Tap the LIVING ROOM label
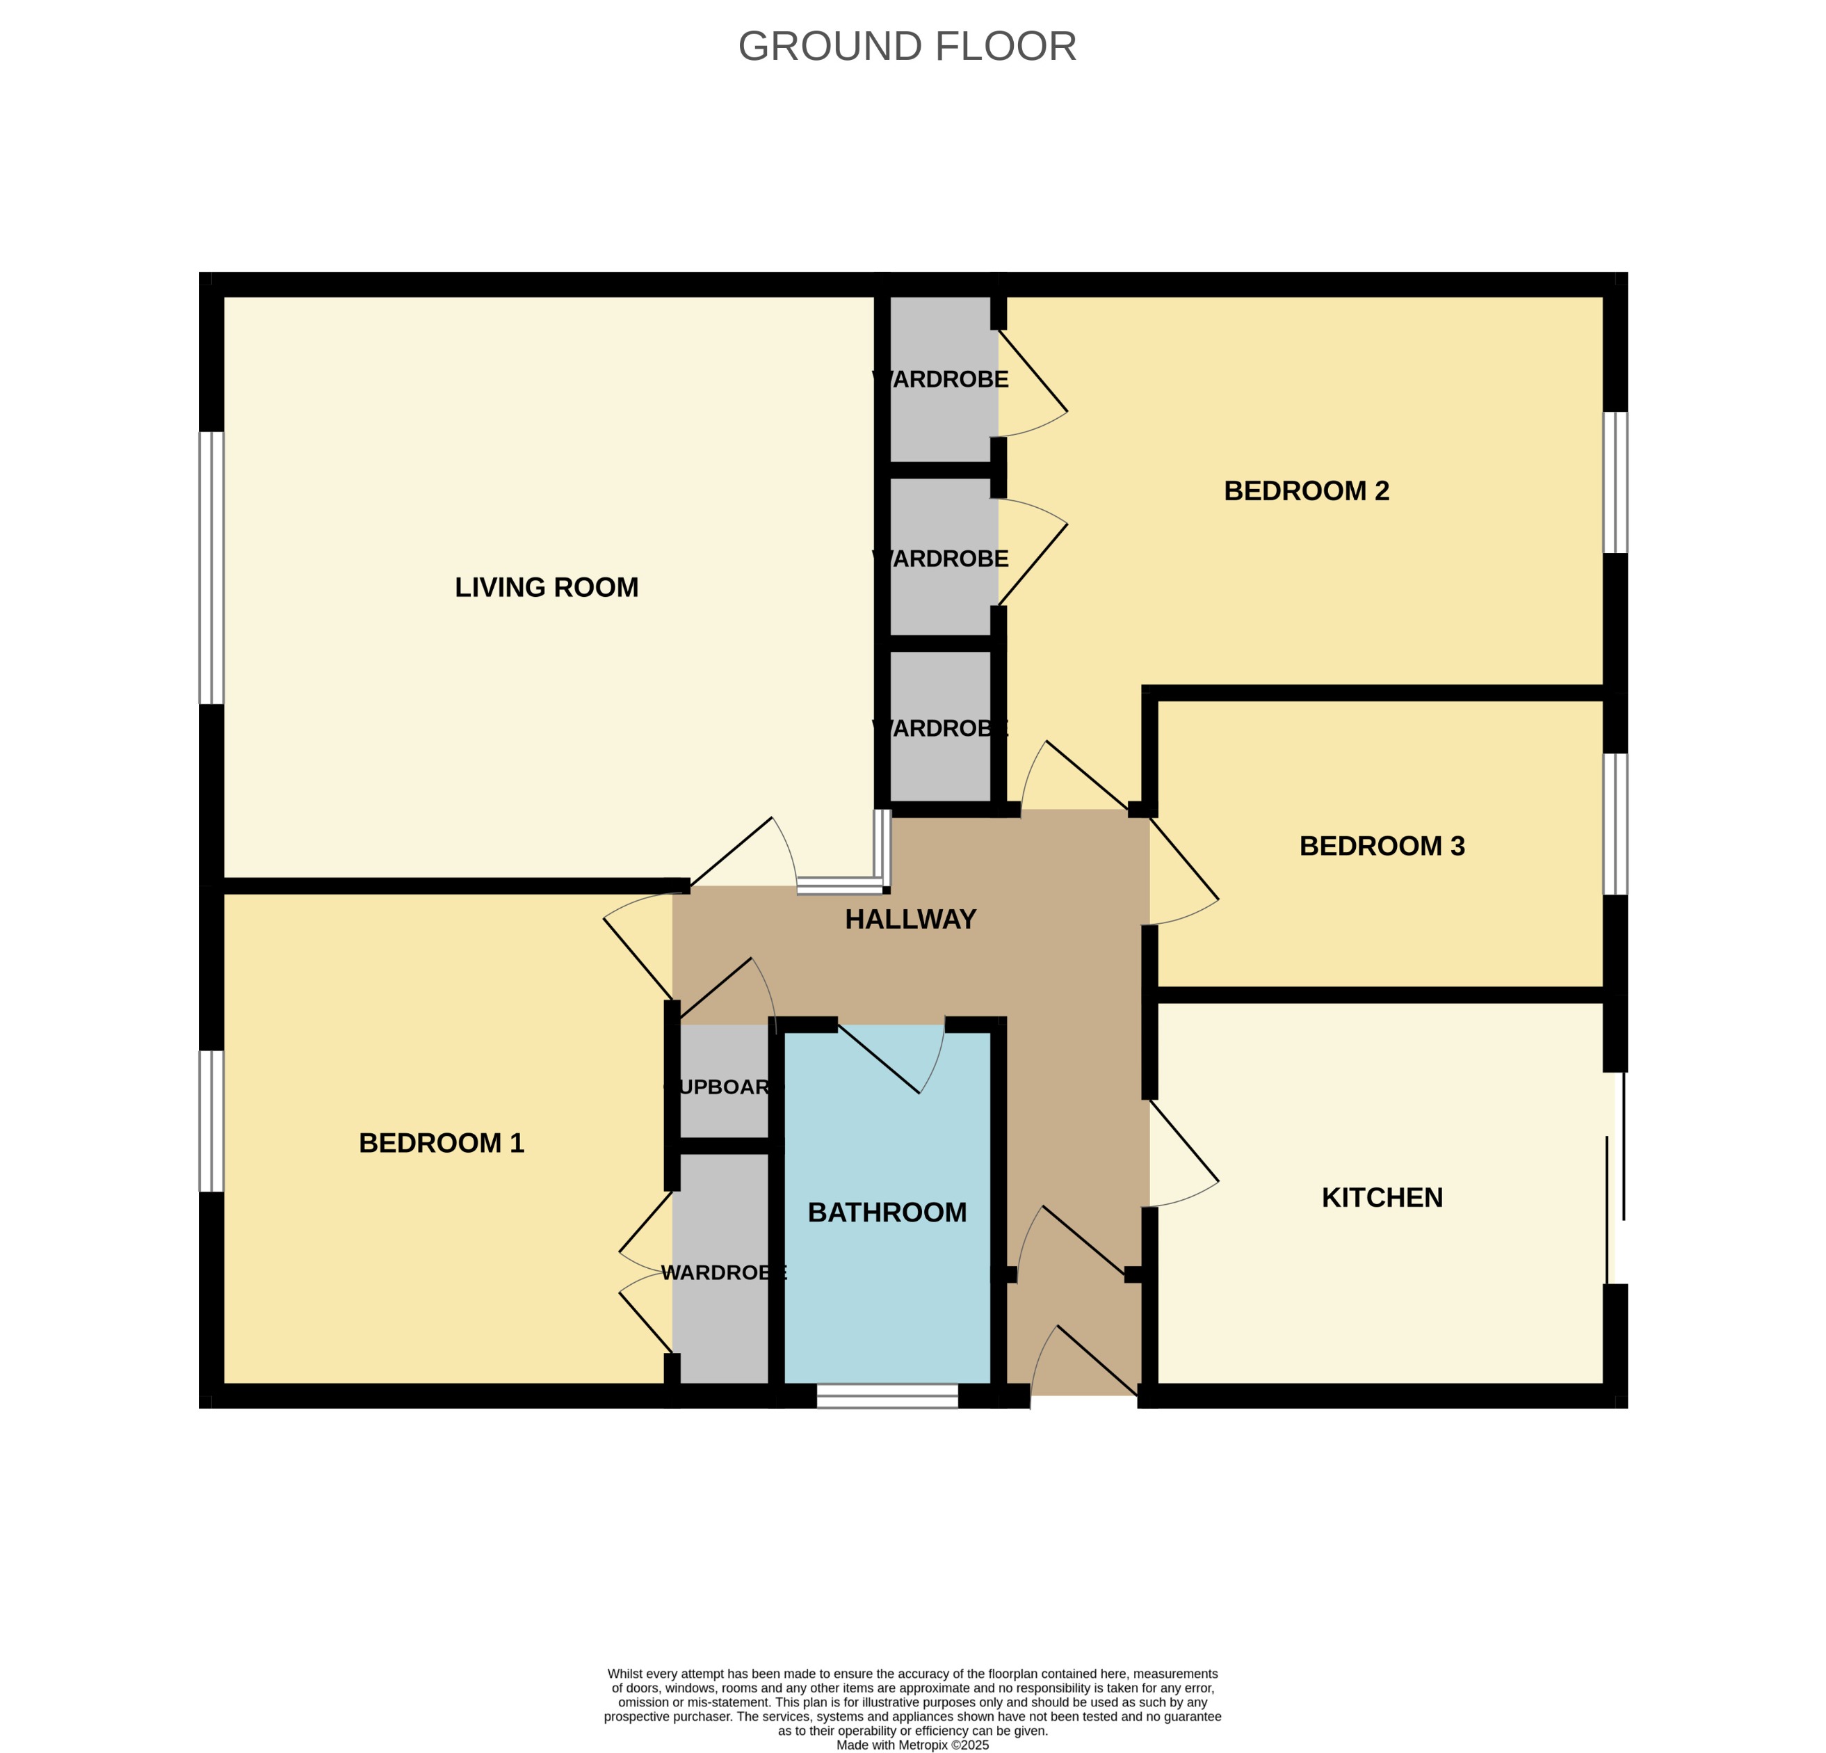546,587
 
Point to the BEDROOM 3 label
1382,846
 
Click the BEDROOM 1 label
442,1142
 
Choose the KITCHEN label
1382,1198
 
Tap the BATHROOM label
887,1212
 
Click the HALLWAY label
910,920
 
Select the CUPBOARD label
724,1087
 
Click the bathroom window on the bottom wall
887,1395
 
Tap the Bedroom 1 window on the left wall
212,1121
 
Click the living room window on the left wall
212,568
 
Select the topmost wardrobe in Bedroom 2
940,379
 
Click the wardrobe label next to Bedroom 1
724,1273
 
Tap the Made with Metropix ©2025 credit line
912,1745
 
